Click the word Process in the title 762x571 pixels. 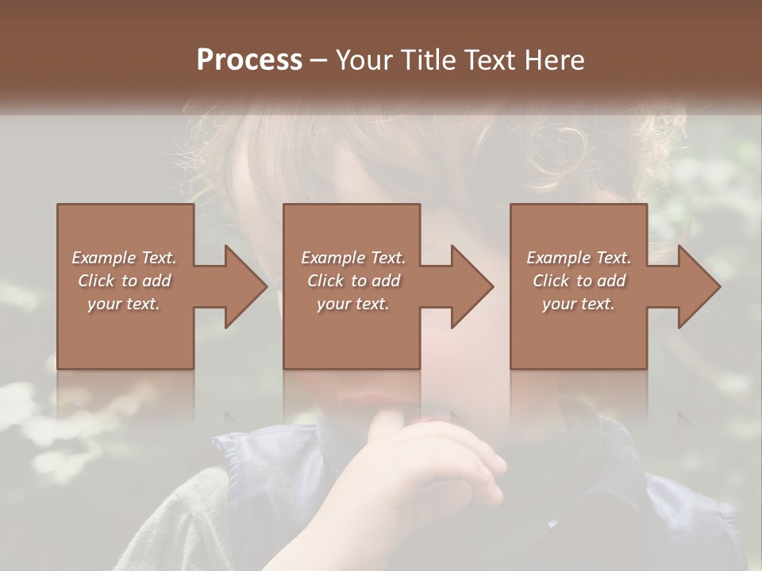[249, 60]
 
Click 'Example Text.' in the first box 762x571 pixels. [124, 258]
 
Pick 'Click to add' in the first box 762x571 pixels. [124, 281]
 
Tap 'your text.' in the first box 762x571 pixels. [124, 304]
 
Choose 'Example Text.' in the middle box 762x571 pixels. [352, 258]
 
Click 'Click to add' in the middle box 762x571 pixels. [352, 281]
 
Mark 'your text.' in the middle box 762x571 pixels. [352, 304]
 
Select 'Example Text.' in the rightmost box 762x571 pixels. [579, 258]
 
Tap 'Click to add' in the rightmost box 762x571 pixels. [579, 281]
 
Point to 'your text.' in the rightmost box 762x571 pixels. [579, 304]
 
